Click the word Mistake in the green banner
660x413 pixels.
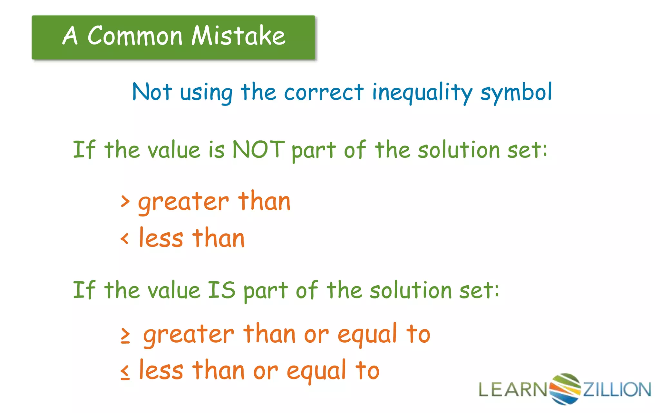(x=238, y=35)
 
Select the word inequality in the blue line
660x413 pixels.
(x=422, y=93)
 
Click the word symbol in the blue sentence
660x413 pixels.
(x=516, y=93)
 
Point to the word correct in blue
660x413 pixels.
(x=324, y=93)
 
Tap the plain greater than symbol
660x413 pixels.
(x=125, y=201)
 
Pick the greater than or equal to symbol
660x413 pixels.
(x=125, y=336)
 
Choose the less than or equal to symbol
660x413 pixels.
(x=125, y=372)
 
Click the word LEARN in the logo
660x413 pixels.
(x=512, y=389)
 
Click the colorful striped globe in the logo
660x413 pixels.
(x=565, y=388)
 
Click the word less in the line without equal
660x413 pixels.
(x=161, y=238)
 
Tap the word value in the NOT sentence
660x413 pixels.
(x=174, y=150)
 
